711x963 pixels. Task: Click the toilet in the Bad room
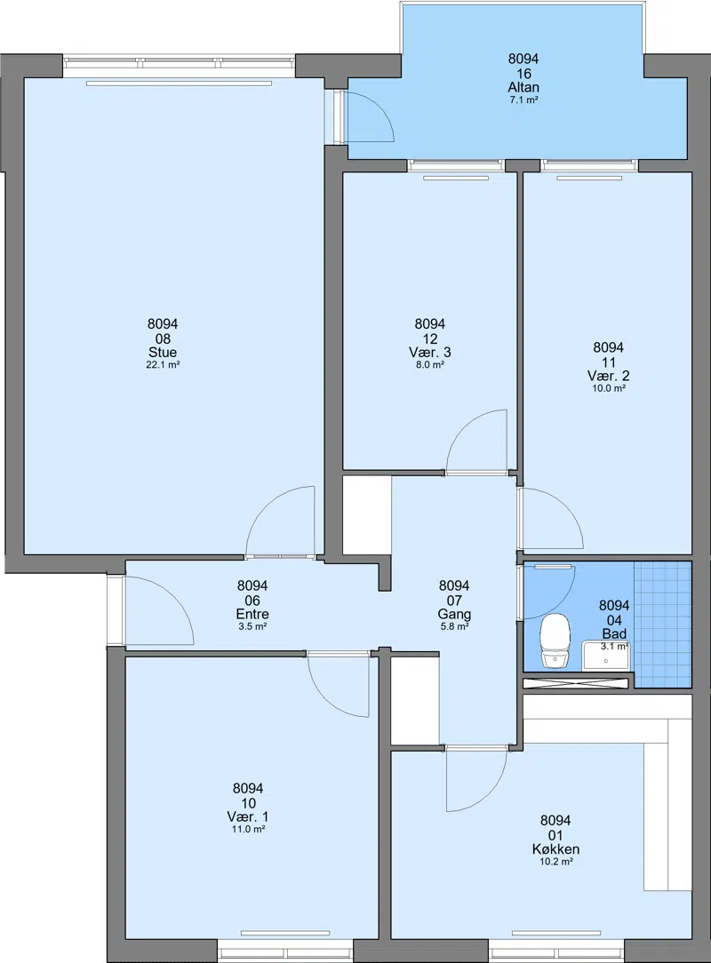pos(555,641)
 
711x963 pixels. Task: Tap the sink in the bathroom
pos(605,656)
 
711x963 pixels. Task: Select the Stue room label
pos(163,353)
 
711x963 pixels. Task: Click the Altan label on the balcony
pos(523,87)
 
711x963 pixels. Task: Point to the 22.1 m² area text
pos(163,365)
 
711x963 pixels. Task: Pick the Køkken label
pos(555,849)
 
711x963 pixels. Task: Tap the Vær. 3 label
pos(429,353)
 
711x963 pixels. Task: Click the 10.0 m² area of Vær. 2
pos(609,388)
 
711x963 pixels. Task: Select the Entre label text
pos(252,614)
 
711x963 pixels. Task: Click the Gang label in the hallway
pos(454,614)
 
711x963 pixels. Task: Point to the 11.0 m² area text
pos(248,829)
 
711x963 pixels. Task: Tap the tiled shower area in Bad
pos(662,624)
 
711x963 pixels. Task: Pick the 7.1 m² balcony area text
pos(523,100)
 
